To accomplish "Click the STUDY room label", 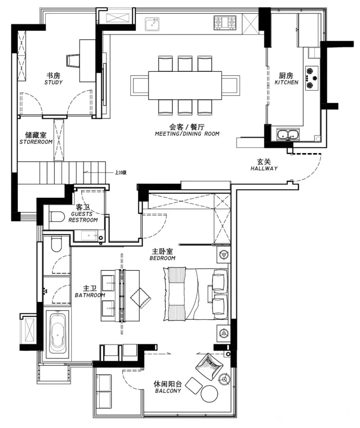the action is [x=53, y=83].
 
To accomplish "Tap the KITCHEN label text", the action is [x=286, y=83].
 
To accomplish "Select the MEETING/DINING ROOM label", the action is [x=187, y=134].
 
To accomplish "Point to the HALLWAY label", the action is [x=264, y=168].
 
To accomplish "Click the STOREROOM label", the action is [x=36, y=142].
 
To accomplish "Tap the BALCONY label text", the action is [x=168, y=391].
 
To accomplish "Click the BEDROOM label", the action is [x=163, y=258].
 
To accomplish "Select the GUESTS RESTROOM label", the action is [x=83, y=217].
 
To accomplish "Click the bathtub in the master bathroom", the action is [x=58, y=334].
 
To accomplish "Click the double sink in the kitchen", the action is [x=288, y=134].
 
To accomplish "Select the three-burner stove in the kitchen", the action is [x=312, y=78].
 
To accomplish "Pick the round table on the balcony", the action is [x=210, y=393].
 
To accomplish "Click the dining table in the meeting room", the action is [x=185, y=85].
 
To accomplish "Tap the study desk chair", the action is [x=73, y=61].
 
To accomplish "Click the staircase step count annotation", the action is [x=121, y=173].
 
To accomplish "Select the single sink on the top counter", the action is [x=152, y=24].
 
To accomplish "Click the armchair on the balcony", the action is [x=209, y=366].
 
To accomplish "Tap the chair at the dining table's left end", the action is [x=140, y=85].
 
